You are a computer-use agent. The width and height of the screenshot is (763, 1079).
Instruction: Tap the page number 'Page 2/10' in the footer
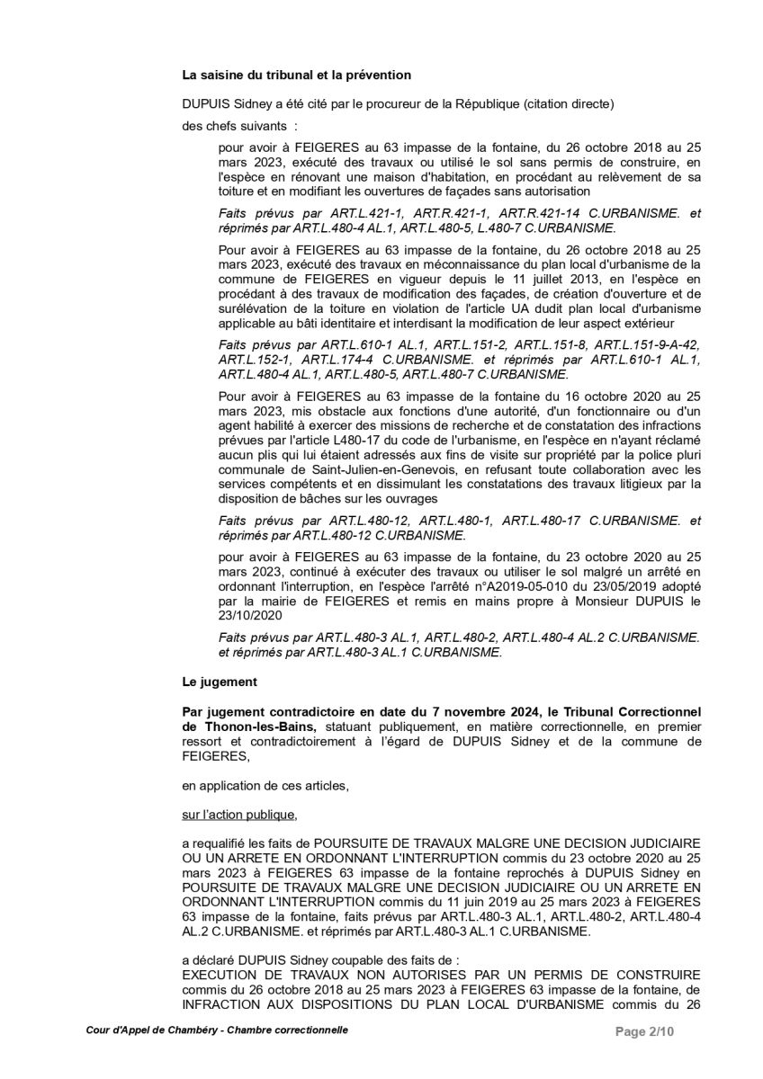point(644,1030)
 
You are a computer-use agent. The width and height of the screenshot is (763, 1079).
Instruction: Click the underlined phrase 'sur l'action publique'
point(238,816)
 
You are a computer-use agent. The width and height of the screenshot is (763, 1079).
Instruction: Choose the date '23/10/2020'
point(251,616)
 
